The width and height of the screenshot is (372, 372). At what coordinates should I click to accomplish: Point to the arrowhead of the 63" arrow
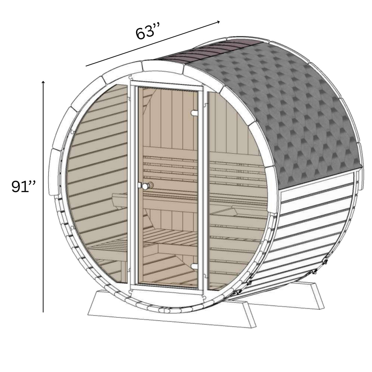click(219, 21)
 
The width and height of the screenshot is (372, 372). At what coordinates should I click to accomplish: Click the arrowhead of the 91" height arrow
click(43, 82)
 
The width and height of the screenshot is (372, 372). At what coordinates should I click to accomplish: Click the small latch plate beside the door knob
click(140, 185)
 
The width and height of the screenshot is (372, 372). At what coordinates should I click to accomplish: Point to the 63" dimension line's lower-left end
click(86, 66)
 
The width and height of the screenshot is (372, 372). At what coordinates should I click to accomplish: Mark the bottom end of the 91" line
click(43, 312)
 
